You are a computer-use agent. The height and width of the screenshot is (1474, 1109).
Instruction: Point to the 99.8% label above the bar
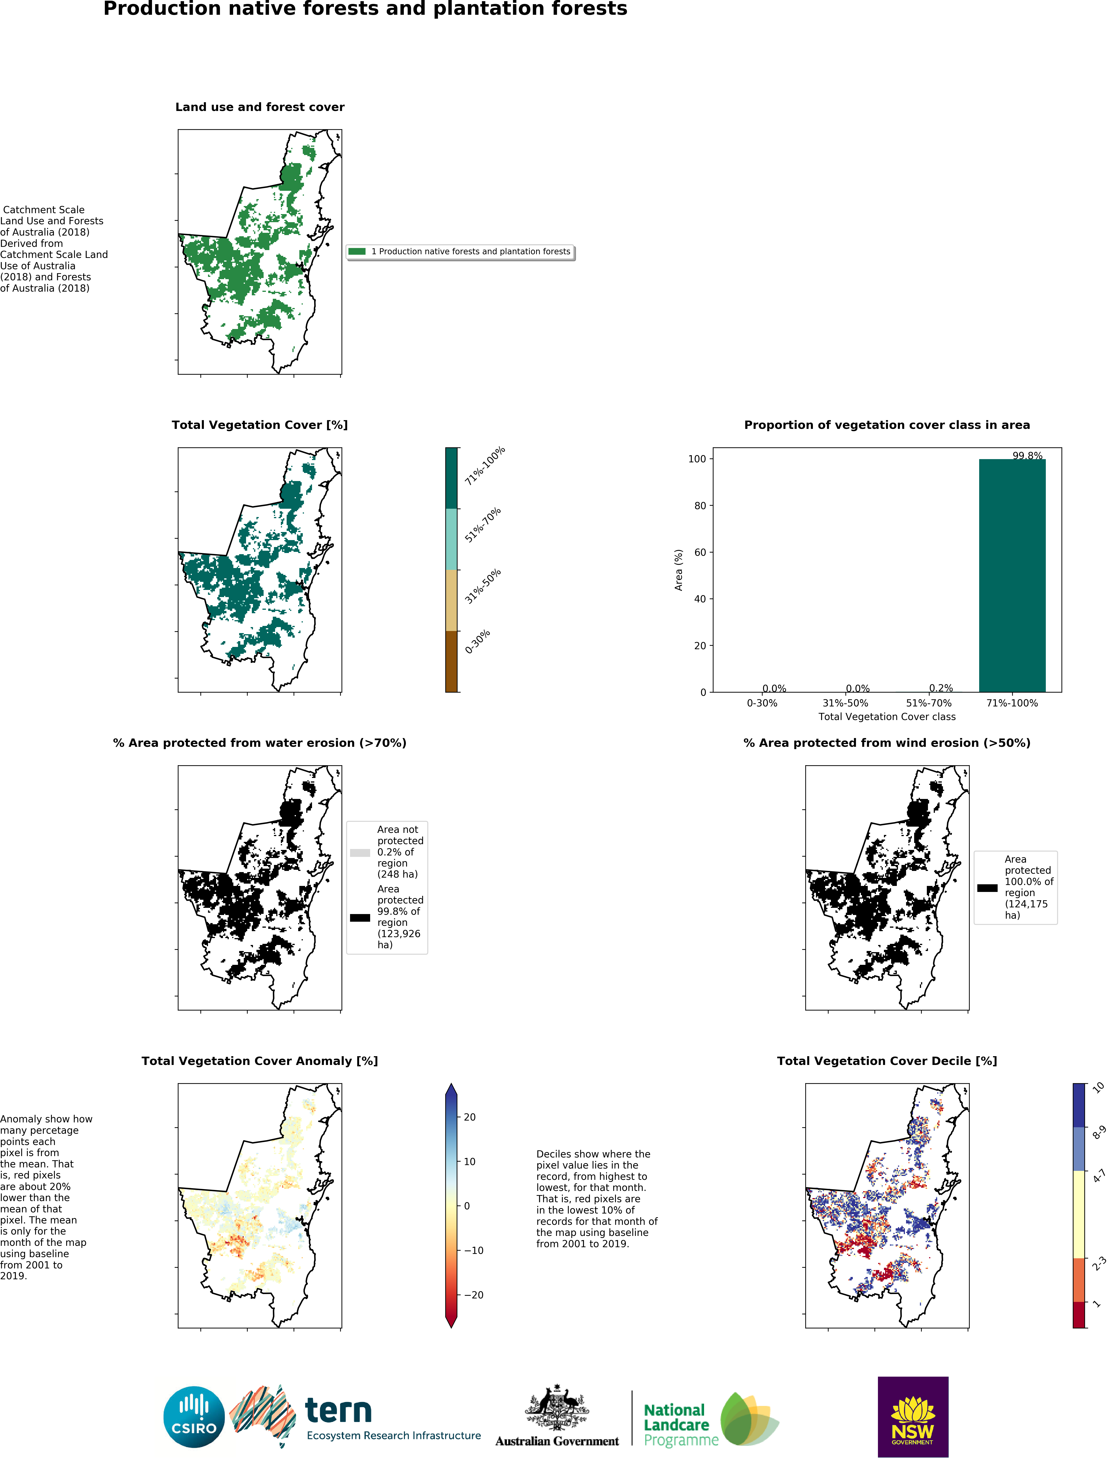click(1027, 456)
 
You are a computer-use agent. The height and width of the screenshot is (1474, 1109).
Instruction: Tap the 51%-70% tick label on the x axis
click(928, 703)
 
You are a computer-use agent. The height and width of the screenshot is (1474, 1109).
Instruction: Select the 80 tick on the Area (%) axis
click(699, 506)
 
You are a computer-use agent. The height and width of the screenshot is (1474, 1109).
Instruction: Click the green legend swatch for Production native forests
click(357, 251)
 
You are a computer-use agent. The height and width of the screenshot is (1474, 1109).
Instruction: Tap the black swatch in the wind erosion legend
click(987, 888)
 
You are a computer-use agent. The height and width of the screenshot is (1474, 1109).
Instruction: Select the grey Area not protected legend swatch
click(360, 852)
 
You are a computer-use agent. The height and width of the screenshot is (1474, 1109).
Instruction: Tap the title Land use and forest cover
click(260, 107)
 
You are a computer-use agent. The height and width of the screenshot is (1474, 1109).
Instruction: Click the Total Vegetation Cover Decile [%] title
click(886, 1061)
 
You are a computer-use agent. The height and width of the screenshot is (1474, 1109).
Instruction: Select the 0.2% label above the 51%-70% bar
click(940, 688)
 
